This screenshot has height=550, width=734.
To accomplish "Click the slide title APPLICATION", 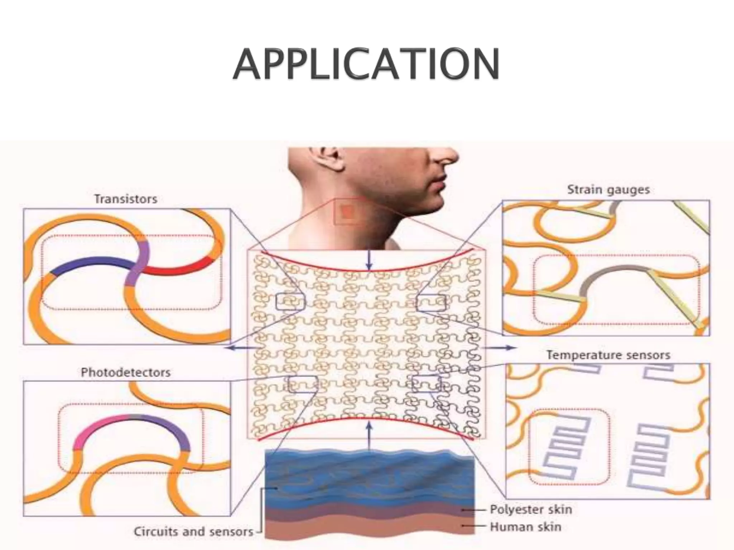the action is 366,64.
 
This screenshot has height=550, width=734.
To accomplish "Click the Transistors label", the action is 125,199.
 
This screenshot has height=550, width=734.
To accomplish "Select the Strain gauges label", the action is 608,190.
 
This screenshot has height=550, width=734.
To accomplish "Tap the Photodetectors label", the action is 125,372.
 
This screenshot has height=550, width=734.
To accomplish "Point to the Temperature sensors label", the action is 608,355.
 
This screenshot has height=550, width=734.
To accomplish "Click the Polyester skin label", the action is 531,510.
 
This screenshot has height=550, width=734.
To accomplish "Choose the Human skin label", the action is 525,527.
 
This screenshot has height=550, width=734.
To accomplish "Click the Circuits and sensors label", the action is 194,532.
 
